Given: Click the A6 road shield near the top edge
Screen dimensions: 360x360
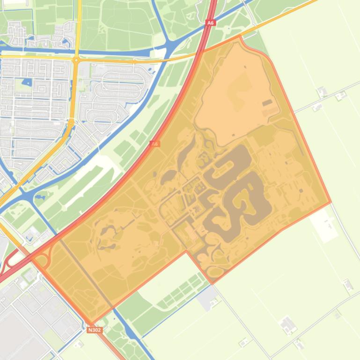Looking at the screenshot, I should click(210, 22).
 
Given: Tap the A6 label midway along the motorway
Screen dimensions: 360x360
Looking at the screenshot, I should click(154, 144).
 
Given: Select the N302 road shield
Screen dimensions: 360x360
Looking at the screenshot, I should click(94, 330).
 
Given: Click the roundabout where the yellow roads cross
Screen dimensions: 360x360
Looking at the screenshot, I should click(76, 60).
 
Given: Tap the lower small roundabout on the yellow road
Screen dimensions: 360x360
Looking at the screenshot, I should click(71, 122).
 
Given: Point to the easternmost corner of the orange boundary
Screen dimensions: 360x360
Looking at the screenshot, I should click(331, 202).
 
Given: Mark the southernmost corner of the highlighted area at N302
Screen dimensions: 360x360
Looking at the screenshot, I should click(90, 323).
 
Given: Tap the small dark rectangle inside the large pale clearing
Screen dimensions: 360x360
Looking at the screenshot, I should click(267, 103).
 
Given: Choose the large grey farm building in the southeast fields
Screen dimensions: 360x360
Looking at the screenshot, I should click(287, 324).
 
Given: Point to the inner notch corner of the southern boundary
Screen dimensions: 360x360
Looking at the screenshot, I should click(186, 252).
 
